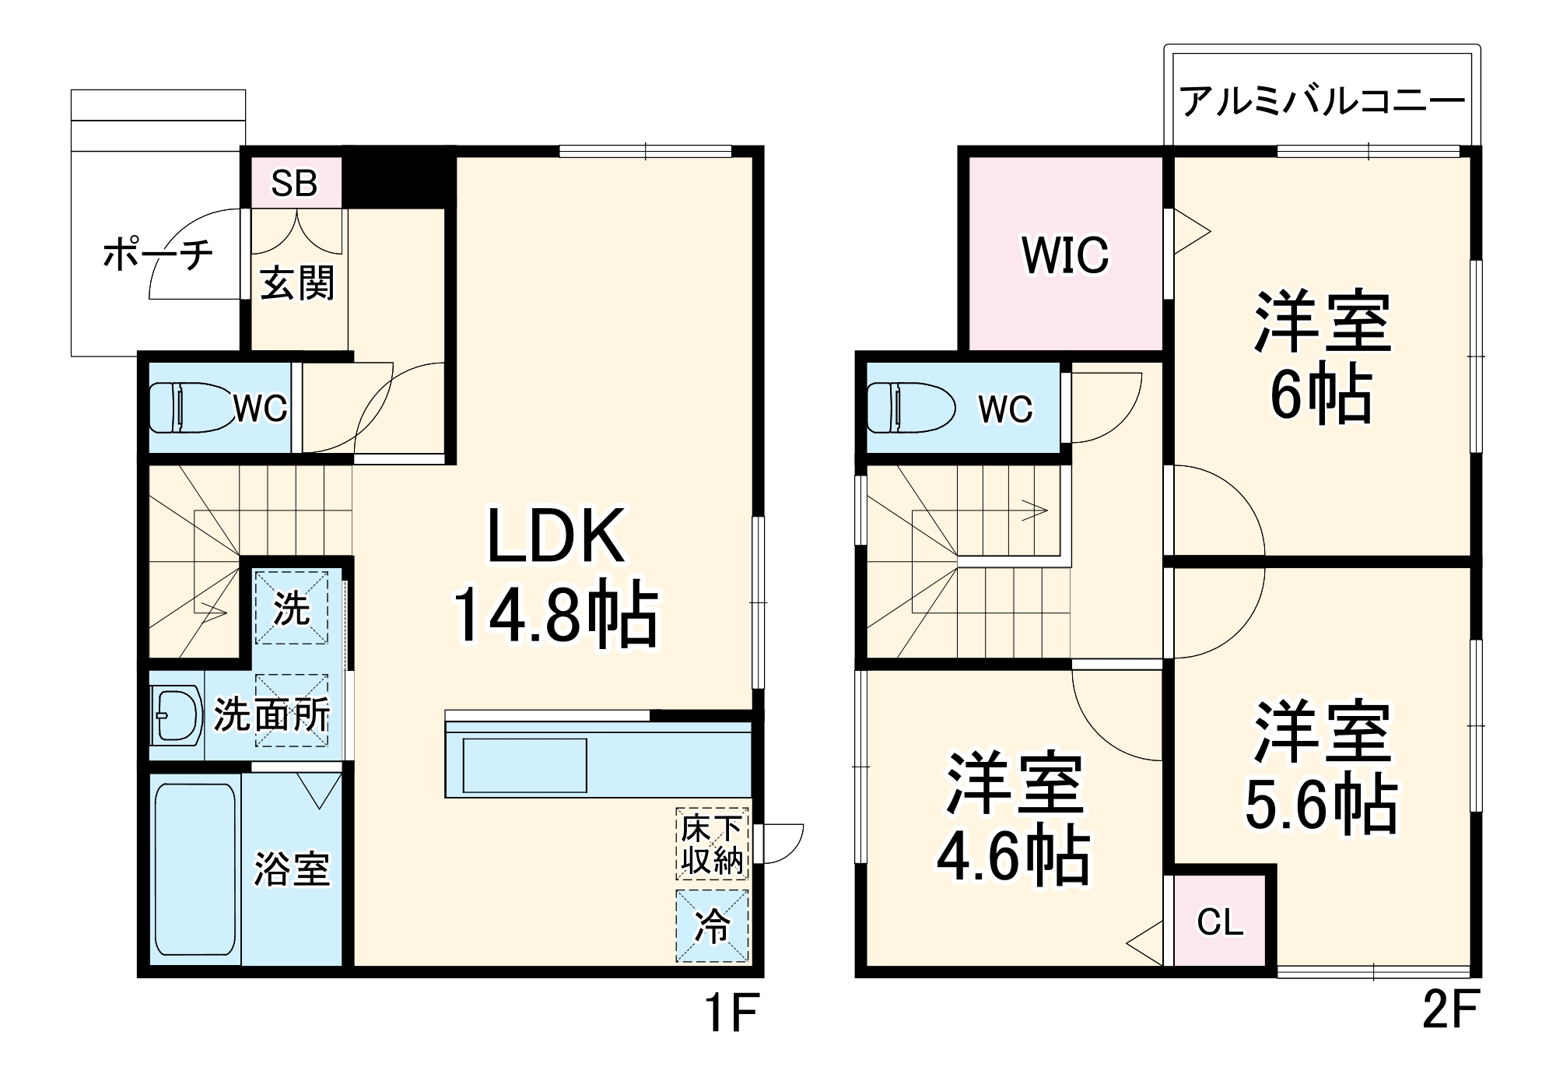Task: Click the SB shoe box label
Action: (294, 184)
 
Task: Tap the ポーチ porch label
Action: (158, 255)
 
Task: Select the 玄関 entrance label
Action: (297, 283)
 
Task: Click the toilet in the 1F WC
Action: (191, 407)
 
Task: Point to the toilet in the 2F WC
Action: (910, 407)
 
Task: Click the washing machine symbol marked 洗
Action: (292, 608)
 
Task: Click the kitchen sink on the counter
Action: (524, 765)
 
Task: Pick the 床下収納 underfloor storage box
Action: (712, 844)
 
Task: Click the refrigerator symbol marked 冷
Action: (712, 925)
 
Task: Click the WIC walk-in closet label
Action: (1065, 254)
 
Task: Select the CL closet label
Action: (1220, 922)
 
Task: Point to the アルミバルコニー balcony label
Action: (1322, 102)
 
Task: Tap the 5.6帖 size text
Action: (1321, 805)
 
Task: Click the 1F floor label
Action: (731, 1013)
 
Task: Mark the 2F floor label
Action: (1449, 1010)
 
